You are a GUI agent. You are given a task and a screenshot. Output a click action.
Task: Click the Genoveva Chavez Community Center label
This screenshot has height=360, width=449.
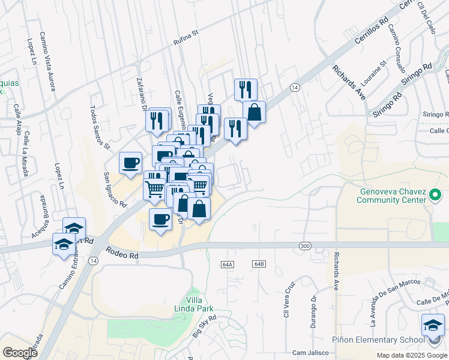[x=393, y=196]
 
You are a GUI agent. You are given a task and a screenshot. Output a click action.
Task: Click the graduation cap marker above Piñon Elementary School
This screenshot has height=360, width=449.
[x=433, y=325]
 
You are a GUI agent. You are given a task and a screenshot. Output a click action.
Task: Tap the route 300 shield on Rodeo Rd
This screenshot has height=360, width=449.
[x=305, y=245]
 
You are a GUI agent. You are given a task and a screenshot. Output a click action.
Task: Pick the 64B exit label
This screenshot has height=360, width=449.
[x=259, y=264]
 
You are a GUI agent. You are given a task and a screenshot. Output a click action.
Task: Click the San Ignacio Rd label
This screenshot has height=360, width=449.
[x=115, y=189]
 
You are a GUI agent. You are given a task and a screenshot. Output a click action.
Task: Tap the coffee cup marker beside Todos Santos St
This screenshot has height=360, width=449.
[x=130, y=163]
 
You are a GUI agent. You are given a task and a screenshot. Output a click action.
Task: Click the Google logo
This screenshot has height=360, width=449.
[x=19, y=352]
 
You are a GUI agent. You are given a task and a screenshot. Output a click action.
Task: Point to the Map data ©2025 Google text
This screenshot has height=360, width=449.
[x=411, y=355]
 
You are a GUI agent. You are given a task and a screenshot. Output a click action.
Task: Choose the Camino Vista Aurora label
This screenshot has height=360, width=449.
[x=48, y=61]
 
